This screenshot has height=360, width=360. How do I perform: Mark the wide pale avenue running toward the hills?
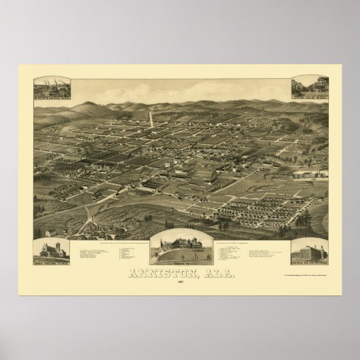pyautogui.click(x=149, y=120)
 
